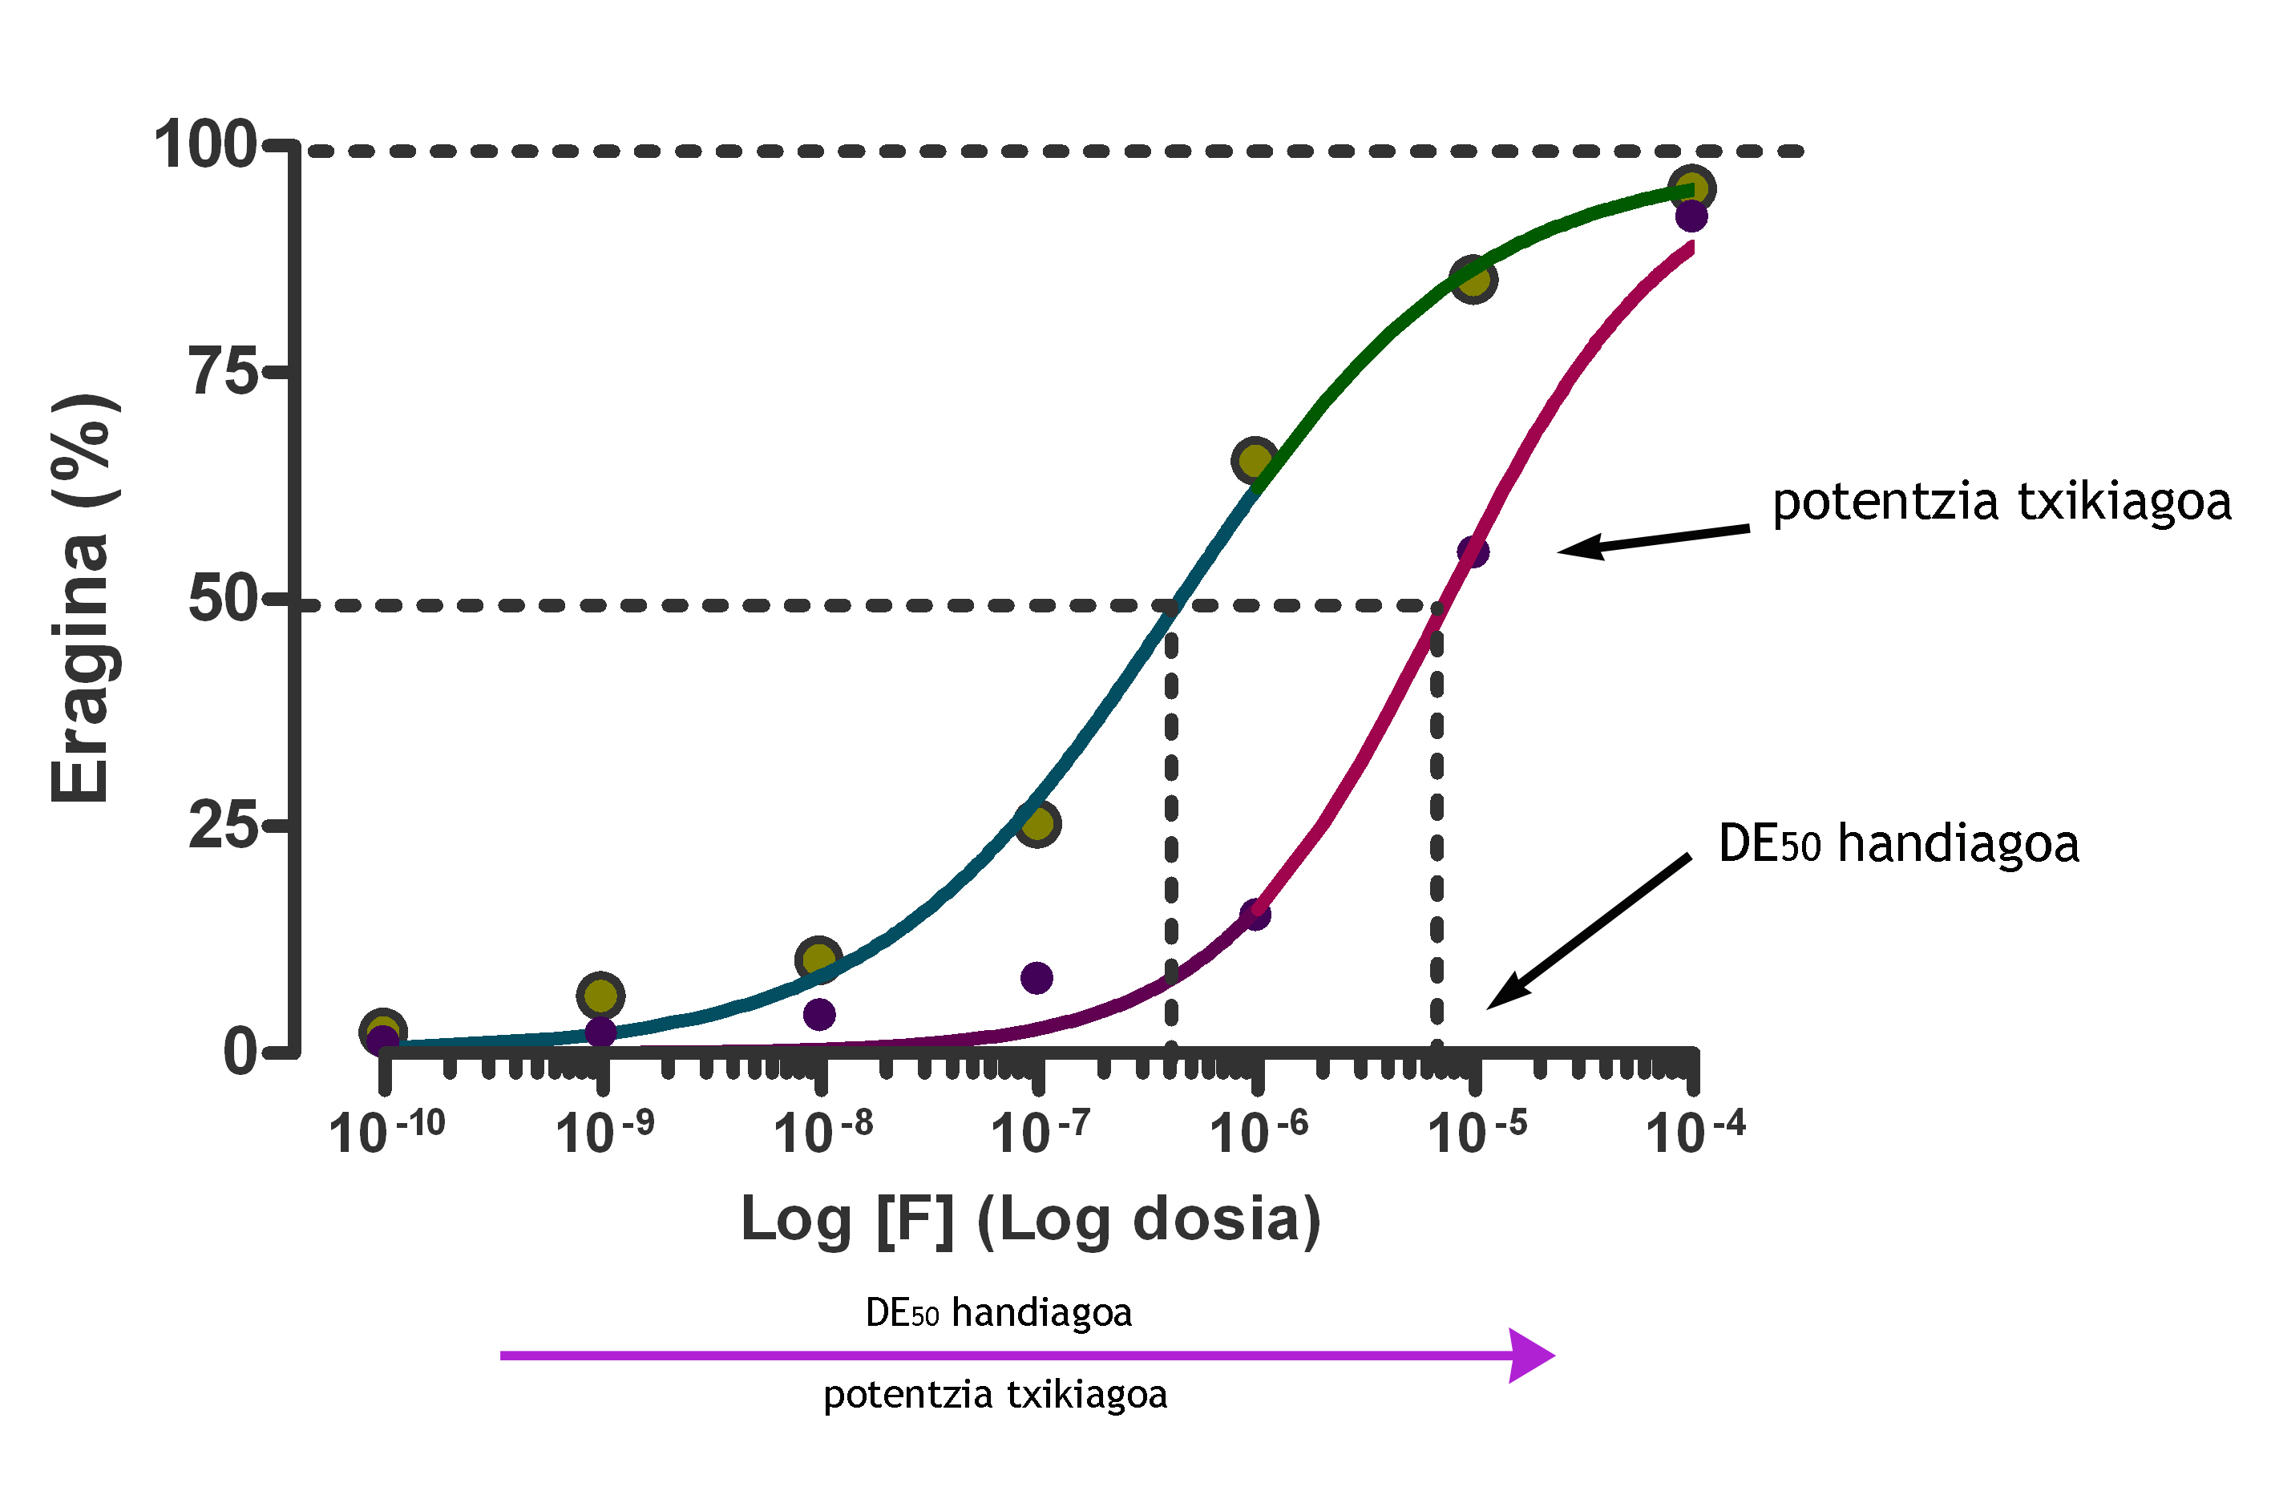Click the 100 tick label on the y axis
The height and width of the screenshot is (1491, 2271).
204,146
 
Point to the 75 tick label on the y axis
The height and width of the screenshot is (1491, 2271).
225,371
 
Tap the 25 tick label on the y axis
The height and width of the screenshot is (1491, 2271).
224,825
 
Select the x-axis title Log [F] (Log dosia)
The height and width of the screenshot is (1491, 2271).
1031,1220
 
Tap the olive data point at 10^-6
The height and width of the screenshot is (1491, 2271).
1255,461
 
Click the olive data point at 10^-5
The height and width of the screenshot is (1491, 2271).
1473,278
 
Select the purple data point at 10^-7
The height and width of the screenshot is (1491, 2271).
1036,978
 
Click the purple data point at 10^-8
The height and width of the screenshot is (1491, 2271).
818,1015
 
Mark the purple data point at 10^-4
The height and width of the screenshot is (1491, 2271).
1691,216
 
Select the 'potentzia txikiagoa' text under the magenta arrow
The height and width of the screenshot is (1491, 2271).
996,1395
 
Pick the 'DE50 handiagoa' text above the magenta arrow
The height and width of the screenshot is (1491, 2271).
998,1312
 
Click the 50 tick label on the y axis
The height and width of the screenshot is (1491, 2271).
224,599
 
